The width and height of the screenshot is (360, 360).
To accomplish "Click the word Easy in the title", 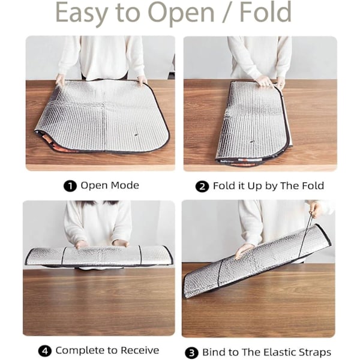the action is [x=82, y=13].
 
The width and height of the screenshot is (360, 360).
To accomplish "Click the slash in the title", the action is [x=227, y=13].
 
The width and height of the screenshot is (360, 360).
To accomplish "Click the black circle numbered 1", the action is [x=70, y=186].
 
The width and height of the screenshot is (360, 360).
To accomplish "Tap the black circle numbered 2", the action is [x=202, y=187].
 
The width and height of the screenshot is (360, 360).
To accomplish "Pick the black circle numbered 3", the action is [x=191, y=353].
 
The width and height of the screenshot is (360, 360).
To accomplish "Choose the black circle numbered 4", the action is [x=44, y=351].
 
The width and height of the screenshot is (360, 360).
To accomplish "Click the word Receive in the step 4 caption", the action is [x=140, y=350].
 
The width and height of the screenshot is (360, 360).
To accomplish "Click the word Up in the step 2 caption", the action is [x=254, y=186].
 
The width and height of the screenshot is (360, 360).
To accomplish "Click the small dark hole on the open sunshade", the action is [x=136, y=135].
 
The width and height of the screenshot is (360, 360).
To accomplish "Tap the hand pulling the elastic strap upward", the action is [x=316, y=209].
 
